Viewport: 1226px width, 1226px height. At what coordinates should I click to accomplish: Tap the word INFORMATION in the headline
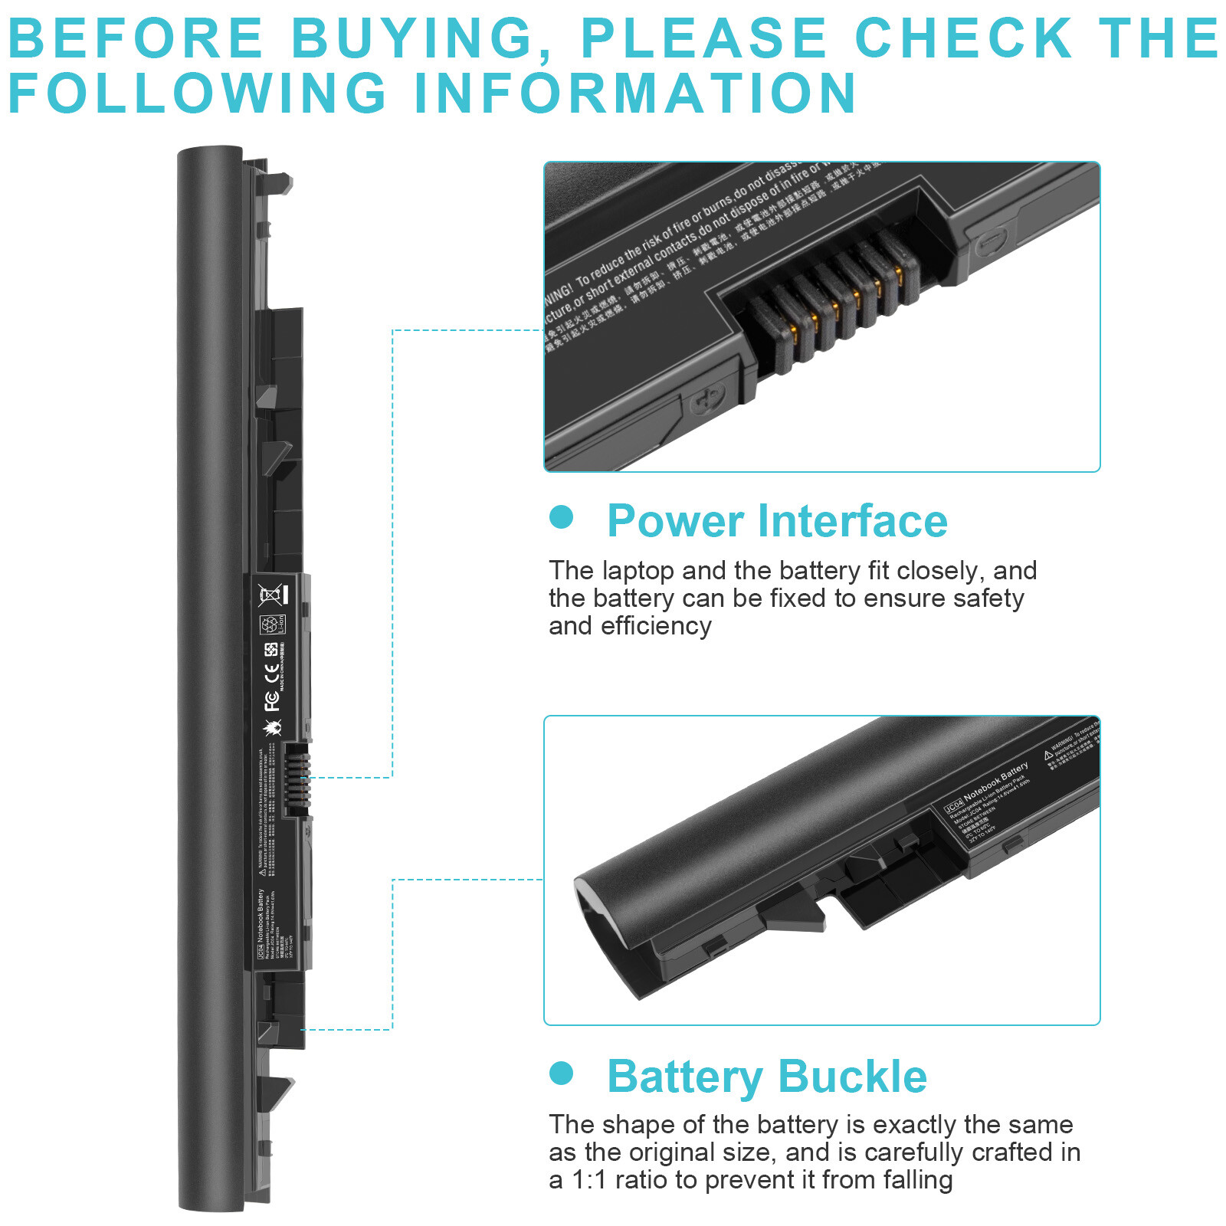[x=634, y=93]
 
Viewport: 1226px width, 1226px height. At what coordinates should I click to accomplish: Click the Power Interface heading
[x=777, y=521]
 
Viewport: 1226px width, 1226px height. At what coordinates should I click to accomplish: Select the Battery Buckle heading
[x=767, y=1076]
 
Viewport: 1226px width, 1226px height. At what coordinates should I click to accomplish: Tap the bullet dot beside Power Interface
[x=562, y=516]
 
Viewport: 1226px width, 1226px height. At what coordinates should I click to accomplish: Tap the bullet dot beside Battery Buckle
[x=562, y=1073]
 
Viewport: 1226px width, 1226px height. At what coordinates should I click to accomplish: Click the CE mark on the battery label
[x=271, y=674]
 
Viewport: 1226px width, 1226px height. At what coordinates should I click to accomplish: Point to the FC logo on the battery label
[x=271, y=700]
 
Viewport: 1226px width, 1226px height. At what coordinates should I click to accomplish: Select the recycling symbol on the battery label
[x=271, y=624]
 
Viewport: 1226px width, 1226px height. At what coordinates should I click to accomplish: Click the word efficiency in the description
[x=656, y=626]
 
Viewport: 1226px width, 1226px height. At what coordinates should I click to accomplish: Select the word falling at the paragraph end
[x=916, y=1180]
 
